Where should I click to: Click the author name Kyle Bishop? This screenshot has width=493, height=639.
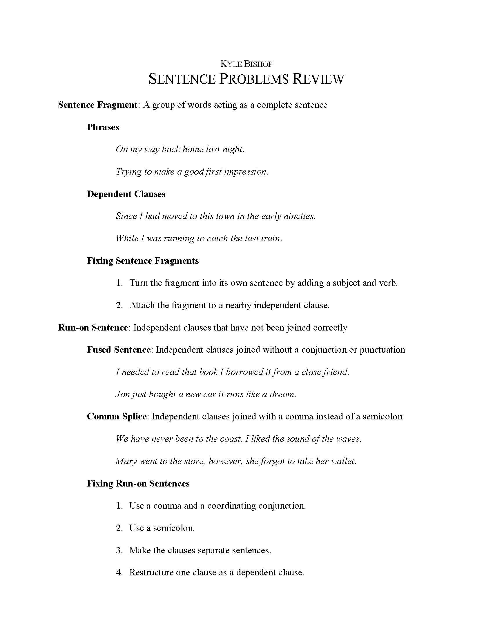pos(246,64)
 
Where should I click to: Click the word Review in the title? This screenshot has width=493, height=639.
pos(318,79)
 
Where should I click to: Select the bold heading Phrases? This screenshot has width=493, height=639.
pos(103,127)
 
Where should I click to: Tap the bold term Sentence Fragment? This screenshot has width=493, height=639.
pos(97,105)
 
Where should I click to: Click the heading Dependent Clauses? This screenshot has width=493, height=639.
pos(126,194)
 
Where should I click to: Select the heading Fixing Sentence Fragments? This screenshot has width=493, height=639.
pos(143,261)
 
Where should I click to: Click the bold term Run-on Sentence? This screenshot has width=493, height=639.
pos(93,327)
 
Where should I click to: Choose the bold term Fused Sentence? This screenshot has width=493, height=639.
pos(119,350)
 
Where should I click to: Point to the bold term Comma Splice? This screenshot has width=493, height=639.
pos(117,416)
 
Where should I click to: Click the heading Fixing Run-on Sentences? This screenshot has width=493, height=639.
pos(138,483)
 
